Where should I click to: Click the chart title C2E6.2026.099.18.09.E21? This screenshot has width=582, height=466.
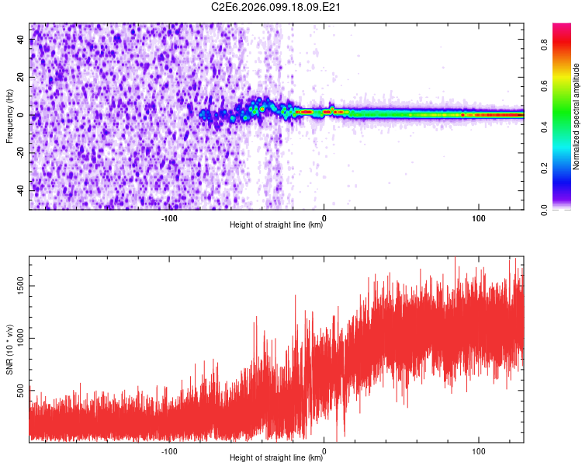[x=277, y=8]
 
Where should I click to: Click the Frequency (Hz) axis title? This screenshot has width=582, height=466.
[x=9, y=116]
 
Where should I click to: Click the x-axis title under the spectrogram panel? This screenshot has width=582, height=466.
[x=276, y=225]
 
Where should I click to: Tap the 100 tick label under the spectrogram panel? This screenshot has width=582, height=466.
[x=479, y=217]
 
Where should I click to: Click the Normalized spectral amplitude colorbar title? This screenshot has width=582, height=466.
[x=577, y=116]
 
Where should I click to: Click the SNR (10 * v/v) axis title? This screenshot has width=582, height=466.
[x=9, y=349]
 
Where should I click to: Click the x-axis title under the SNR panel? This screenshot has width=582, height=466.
[x=276, y=458]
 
